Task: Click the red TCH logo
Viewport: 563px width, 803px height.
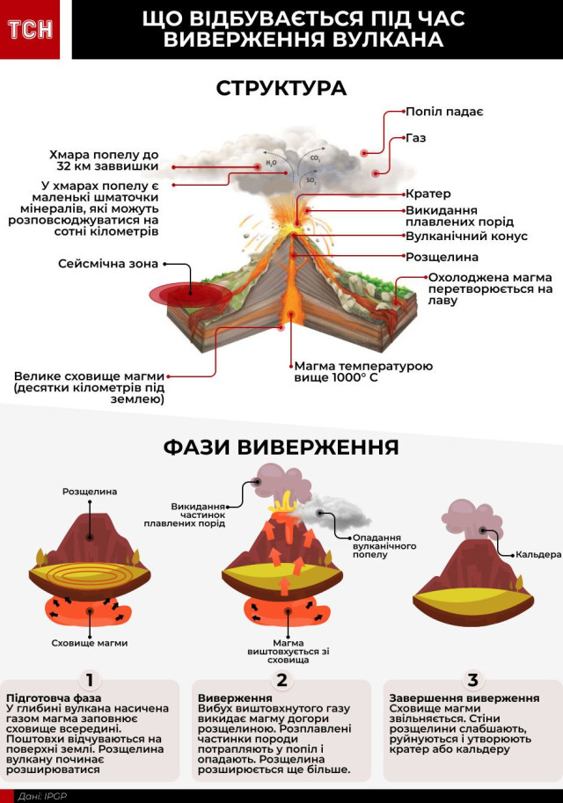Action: [x=30, y=29]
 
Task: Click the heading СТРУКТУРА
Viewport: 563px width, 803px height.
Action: [x=281, y=89]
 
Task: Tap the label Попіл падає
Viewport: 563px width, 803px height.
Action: [x=444, y=112]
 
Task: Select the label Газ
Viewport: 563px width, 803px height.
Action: [x=416, y=139]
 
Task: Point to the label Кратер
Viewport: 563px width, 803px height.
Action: [x=428, y=193]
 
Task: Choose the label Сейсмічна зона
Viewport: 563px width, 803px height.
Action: [x=108, y=263]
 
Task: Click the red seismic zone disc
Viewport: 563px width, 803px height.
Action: [x=185, y=292]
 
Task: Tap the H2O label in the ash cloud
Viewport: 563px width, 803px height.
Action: [x=271, y=162]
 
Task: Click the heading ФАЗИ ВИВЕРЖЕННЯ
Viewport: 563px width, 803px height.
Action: [x=281, y=447]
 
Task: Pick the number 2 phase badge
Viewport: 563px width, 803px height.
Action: [x=281, y=679]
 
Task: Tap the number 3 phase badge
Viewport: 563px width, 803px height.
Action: [x=473, y=679]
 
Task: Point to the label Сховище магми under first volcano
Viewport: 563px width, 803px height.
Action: [x=90, y=643]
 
